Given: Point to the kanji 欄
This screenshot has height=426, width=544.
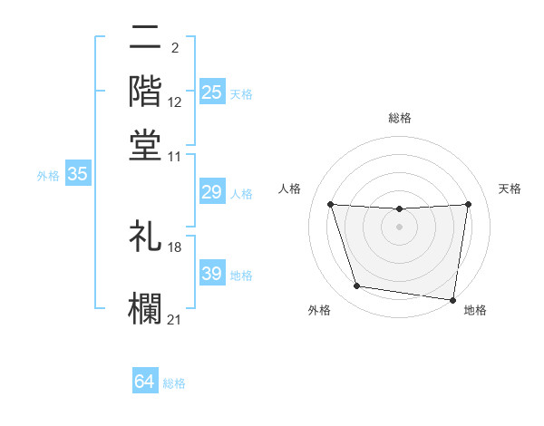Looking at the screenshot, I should (x=145, y=305).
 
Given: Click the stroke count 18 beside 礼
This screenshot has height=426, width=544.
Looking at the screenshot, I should (x=176, y=246).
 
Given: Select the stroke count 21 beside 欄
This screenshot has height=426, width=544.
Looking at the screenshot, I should (x=175, y=318).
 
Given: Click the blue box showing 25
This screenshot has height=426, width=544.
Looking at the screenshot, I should (x=211, y=92).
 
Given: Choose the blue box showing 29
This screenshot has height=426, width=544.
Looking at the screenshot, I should (x=211, y=192).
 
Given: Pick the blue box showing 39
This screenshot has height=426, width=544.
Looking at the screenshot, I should (x=211, y=274).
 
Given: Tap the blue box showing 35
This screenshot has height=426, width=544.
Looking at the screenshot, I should (x=77, y=176).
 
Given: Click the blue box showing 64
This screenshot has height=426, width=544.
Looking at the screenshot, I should (x=145, y=382).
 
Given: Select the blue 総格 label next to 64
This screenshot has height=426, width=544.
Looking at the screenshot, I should (x=174, y=383).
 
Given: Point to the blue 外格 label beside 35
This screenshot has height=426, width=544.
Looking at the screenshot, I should (x=48, y=177).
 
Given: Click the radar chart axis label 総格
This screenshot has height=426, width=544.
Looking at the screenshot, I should (x=399, y=118).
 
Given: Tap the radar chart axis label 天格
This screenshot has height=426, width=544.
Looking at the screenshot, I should (x=510, y=189).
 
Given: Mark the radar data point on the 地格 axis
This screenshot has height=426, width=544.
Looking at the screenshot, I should (x=453, y=299).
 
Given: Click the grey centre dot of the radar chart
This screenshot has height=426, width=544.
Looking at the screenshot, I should (x=399, y=227).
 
